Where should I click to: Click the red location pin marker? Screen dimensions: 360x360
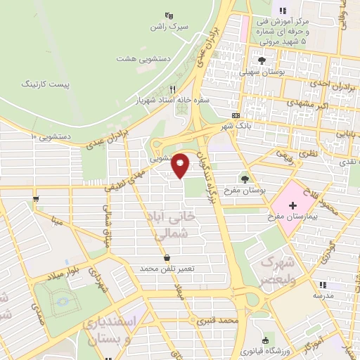(181, 165)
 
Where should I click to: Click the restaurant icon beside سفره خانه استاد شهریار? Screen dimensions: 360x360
(173, 90)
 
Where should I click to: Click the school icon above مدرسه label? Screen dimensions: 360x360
(323, 285)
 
